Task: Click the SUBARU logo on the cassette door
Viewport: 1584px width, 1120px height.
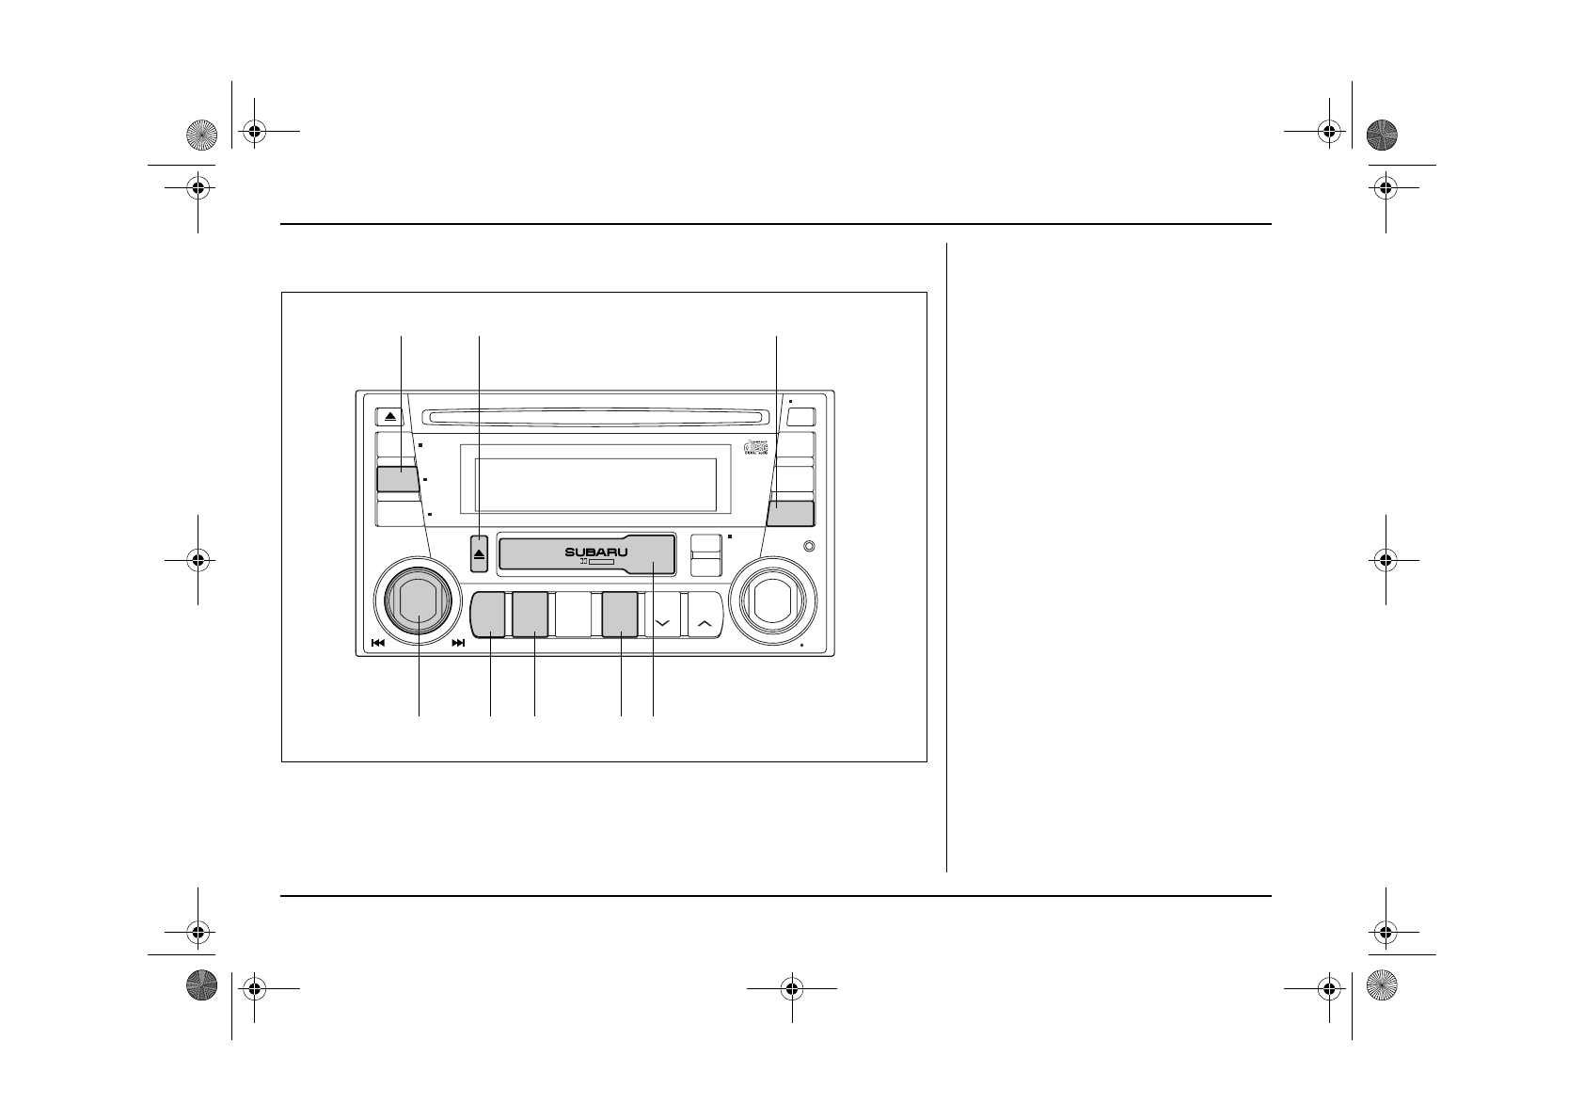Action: [595, 552]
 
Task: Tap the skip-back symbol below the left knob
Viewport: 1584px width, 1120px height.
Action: [378, 644]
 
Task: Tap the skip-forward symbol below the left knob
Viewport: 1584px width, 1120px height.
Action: [458, 644]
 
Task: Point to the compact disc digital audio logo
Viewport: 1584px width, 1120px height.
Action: [756, 447]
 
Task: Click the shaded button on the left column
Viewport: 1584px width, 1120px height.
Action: [397, 479]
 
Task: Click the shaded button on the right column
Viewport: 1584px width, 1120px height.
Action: [789, 513]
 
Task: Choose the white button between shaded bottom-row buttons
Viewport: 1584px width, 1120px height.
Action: [573, 616]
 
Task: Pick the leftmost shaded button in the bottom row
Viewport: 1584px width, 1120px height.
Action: [488, 615]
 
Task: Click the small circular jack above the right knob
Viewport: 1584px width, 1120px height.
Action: [809, 547]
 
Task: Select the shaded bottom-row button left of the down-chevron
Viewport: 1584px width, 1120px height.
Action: [620, 615]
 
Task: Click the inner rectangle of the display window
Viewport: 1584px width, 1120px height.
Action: [595, 486]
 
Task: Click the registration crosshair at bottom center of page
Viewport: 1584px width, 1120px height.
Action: [791, 988]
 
